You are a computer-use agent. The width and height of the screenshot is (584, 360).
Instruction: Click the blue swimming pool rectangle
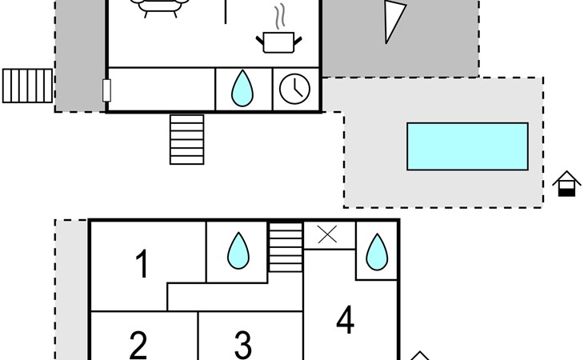[467, 146]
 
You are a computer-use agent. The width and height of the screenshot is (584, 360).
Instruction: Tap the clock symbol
[294, 89]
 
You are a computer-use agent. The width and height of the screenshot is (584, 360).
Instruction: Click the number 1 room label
[142, 263]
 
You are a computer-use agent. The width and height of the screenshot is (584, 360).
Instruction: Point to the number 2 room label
[138, 345]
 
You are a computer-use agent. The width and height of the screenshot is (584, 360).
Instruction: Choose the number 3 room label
[243, 345]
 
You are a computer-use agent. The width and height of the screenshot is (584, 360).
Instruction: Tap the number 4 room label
[346, 320]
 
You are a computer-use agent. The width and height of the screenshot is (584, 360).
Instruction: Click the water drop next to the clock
[242, 88]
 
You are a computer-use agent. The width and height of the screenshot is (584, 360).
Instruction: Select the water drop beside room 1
[238, 250]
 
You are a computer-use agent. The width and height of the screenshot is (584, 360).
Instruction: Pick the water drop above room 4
[377, 252]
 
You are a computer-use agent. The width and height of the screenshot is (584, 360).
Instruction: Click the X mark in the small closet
[327, 234]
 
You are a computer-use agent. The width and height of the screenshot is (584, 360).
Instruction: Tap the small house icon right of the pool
[566, 183]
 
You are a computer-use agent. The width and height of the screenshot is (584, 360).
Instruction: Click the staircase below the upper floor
[187, 139]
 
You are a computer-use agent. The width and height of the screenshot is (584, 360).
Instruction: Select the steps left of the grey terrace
[27, 86]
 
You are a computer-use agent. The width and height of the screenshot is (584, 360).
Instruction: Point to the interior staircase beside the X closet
[286, 247]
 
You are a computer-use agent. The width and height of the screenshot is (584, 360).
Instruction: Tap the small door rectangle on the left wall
[106, 90]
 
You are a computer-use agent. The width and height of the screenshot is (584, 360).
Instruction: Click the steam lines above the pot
[280, 16]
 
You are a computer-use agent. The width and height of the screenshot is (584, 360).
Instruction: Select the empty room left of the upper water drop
[162, 89]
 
